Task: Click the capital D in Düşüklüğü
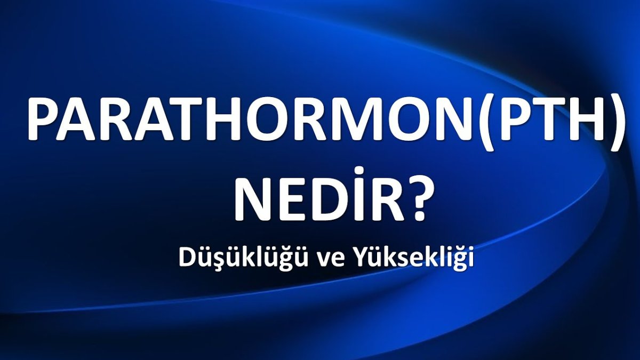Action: click(x=187, y=258)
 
